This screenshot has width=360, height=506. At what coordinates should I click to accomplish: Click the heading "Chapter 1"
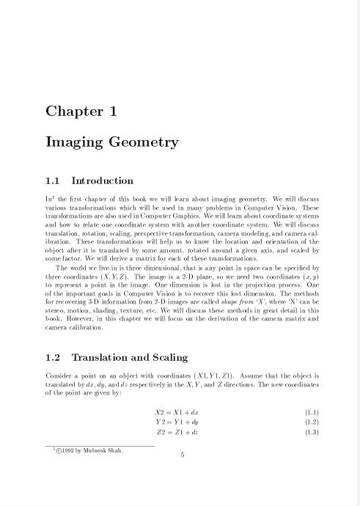click(81, 111)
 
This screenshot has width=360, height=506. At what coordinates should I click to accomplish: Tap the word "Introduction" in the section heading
click(102, 181)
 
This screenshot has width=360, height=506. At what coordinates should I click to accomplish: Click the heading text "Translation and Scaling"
click(130, 358)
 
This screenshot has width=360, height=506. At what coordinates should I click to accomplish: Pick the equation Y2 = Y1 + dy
click(177, 422)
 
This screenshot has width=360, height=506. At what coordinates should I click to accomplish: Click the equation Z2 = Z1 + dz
click(177, 433)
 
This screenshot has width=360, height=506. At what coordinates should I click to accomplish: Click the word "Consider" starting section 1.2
click(59, 375)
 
